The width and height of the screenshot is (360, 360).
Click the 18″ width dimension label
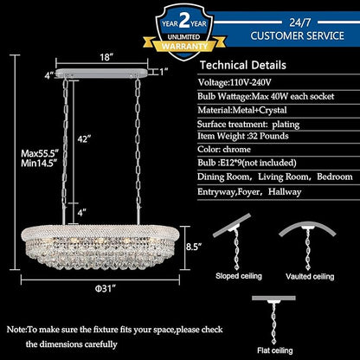click(x=106, y=57)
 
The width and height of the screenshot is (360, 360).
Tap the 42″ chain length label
click(x=84, y=139)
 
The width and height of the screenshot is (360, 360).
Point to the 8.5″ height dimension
click(x=194, y=247)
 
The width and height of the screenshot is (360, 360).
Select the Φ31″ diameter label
click(x=106, y=288)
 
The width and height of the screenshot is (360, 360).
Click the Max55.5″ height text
click(x=40, y=152)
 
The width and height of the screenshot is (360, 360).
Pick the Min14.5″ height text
click(x=39, y=164)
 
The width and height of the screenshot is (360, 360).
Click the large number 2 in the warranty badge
click(x=184, y=21)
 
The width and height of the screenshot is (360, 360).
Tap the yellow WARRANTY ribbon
click(x=184, y=46)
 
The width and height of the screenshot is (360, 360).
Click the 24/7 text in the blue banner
click(x=299, y=22)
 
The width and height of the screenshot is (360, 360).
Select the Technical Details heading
click(x=243, y=65)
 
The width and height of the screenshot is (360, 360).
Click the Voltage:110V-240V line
click(x=235, y=82)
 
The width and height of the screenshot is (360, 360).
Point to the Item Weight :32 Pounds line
click(x=243, y=136)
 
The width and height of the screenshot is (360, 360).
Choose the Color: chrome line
click(x=224, y=150)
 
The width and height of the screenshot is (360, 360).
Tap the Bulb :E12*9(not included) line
click(x=247, y=163)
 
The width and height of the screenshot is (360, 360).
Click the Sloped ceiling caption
click(x=239, y=276)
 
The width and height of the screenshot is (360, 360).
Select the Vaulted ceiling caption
click(x=310, y=276)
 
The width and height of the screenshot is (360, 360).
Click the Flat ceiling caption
click(x=275, y=350)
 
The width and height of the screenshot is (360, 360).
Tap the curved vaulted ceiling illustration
click(x=307, y=227)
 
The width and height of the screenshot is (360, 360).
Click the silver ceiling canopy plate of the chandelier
click(x=101, y=74)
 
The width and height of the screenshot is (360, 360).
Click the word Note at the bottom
click(x=16, y=330)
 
